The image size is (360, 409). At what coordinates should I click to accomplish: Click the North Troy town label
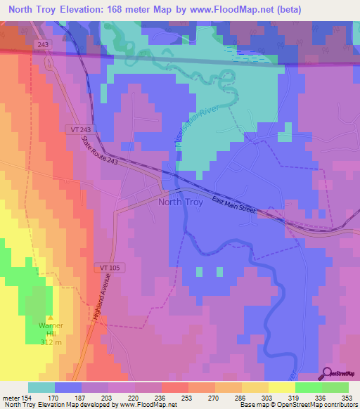182,202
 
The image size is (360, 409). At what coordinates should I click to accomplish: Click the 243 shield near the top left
43,45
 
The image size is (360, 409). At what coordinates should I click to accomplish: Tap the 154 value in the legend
26,397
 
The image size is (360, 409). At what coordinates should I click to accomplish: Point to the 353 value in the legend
347,397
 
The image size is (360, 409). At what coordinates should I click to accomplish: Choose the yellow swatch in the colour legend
281,387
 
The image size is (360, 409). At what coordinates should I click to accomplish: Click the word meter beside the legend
9,397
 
